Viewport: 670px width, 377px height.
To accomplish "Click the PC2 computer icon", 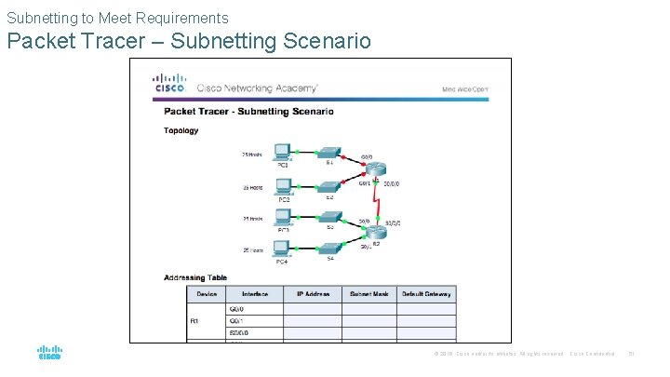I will pyautogui.click(x=283, y=186).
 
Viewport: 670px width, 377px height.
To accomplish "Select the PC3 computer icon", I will pyautogui.click(x=283, y=220).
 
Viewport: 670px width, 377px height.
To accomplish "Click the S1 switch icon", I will pyautogui.click(x=328, y=151).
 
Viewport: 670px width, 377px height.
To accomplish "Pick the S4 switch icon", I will pyautogui.click(x=328, y=249).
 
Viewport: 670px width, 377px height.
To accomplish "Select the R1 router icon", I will pyautogui.click(x=375, y=169).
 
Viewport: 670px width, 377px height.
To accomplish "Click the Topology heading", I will pyautogui.click(x=181, y=131).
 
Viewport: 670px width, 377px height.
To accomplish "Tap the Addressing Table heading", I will pyautogui.click(x=195, y=277).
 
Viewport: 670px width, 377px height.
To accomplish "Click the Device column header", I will pyautogui.click(x=207, y=294).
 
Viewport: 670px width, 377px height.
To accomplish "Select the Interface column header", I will pyautogui.click(x=255, y=294).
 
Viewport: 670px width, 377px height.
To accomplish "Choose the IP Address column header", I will pyautogui.click(x=313, y=294).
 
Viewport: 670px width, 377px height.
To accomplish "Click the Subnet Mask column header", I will pyautogui.click(x=368, y=294).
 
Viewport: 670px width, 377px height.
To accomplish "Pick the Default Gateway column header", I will pyautogui.click(x=425, y=294).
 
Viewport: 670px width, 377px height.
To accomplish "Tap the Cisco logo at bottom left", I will pyautogui.click(x=50, y=353).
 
